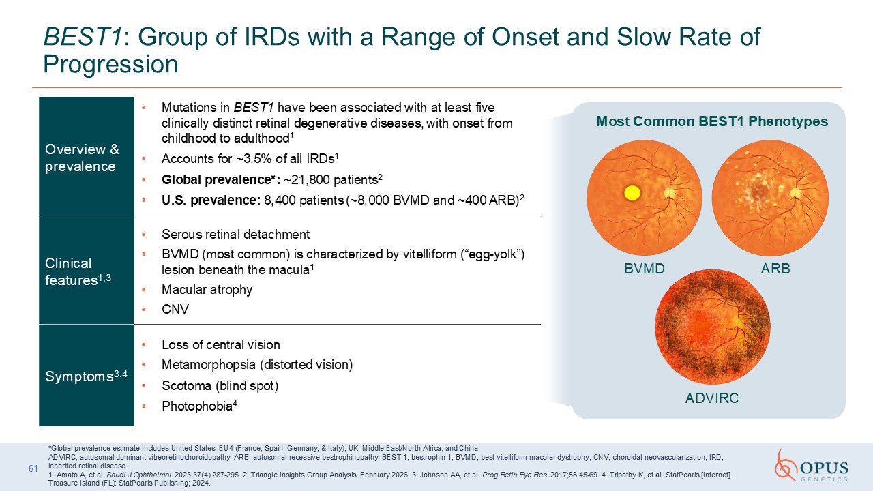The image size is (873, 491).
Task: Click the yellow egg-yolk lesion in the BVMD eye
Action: coord(632,193)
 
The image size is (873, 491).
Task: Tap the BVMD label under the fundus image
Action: coord(645,269)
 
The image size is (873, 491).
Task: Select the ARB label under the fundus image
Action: coord(775,269)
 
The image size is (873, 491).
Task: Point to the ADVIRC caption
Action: coord(712,398)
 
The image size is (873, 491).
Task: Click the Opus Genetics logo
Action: coord(812,466)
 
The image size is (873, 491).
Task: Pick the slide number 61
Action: coord(33,468)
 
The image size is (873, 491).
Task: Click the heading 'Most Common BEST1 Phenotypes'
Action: coord(712,121)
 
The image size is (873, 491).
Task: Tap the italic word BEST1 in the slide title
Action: coord(83,37)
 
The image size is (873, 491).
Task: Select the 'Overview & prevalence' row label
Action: coord(82,158)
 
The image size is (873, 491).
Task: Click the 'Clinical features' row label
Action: coord(78,271)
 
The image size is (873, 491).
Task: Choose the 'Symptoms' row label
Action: coord(86,376)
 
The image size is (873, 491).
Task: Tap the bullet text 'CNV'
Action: coord(175,309)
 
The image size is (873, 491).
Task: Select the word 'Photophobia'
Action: coord(197,406)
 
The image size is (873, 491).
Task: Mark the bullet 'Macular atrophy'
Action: coord(207,290)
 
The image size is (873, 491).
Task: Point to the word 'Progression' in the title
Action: coord(110,64)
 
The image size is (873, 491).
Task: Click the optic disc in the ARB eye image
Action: coord(796,193)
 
